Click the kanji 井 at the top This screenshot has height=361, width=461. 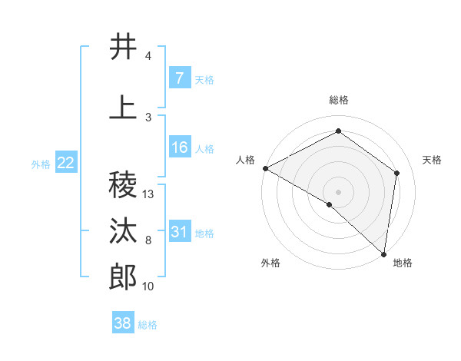click(x=123, y=47)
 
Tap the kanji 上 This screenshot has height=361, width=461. click(x=123, y=108)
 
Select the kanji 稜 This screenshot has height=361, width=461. click(x=123, y=185)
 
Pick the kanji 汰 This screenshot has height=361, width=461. click(x=123, y=231)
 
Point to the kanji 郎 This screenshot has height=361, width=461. click(x=123, y=277)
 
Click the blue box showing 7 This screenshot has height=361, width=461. click(x=179, y=78)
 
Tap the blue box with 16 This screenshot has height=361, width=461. click(x=179, y=147)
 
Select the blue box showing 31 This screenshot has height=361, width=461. click(x=179, y=232)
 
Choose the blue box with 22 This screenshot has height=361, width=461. click(x=65, y=163)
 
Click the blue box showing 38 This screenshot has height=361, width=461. click(x=123, y=324)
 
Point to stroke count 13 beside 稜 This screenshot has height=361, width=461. click(x=148, y=194)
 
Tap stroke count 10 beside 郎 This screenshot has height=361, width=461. click(x=148, y=286)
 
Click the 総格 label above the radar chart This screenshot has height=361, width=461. click(x=339, y=100)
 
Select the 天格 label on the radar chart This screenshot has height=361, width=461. click(x=433, y=160)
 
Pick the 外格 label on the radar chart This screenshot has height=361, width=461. click(x=270, y=263)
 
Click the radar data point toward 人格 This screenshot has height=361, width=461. click(x=265, y=168)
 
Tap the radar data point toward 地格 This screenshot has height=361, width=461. click(x=384, y=253)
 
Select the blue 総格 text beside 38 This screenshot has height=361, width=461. click(x=148, y=325)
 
